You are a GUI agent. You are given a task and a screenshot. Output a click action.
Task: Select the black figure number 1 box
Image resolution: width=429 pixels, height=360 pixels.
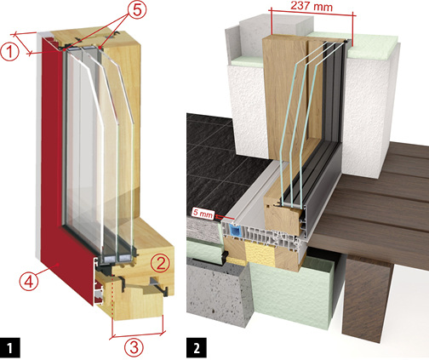tap(10, 347)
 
